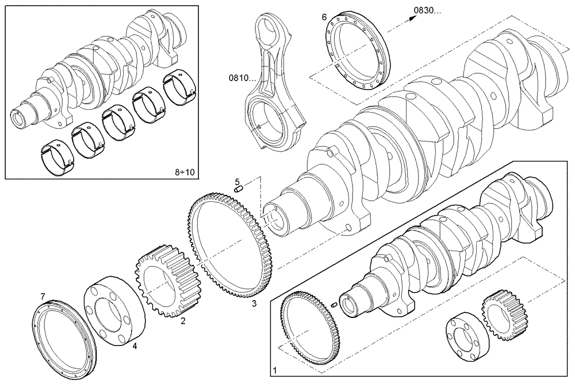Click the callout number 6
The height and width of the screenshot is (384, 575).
pyautogui.click(x=324, y=17)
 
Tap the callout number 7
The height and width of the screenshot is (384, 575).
pyautogui.click(x=43, y=296)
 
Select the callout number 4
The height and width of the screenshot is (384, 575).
pyautogui.click(x=134, y=346)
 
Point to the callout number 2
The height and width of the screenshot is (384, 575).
pyautogui.click(x=183, y=321)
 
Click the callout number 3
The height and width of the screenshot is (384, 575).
pyautogui.click(x=254, y=304)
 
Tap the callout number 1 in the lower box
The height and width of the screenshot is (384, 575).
pyautogui.click(x=274, y=368)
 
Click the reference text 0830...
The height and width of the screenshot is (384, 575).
pyautogui.click(x=428, y=10)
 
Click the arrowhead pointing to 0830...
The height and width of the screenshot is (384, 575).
pyautogui.click(x=412, y=18)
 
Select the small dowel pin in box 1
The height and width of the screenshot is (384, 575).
pyautogui.click(x=334, y=305)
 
